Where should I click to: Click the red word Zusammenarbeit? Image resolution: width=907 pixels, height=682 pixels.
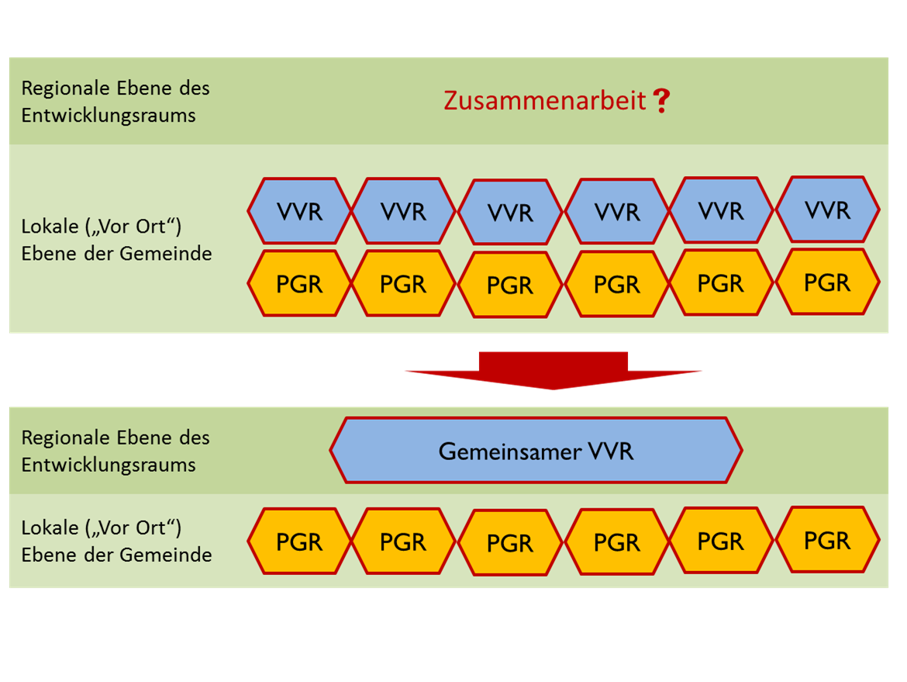(544, 101)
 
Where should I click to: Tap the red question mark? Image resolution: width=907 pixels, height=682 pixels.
(660, 101)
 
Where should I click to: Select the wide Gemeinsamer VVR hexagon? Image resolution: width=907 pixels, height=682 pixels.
(536, 451)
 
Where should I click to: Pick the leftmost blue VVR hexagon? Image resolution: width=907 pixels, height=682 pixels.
(299, 211)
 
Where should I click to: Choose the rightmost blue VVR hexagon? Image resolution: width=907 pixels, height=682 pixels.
(827, 209)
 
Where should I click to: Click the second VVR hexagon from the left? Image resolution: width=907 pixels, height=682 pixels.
(404, 211)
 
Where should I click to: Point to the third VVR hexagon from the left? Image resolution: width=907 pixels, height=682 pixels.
(510, 213)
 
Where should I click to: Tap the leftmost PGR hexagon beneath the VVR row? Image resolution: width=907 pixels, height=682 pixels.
(299, 284)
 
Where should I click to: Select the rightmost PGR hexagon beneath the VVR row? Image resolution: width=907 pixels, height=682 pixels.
(827, 282)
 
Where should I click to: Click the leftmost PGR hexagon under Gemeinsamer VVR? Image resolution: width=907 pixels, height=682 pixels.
(299, 542)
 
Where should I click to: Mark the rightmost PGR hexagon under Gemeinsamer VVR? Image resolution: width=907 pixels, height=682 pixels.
(827, 540)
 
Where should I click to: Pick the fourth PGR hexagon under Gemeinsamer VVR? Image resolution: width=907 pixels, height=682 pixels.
(617, 543)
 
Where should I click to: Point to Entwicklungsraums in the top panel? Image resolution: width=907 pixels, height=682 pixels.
(108, 116)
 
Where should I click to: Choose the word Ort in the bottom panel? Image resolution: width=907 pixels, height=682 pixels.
(153, 528)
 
